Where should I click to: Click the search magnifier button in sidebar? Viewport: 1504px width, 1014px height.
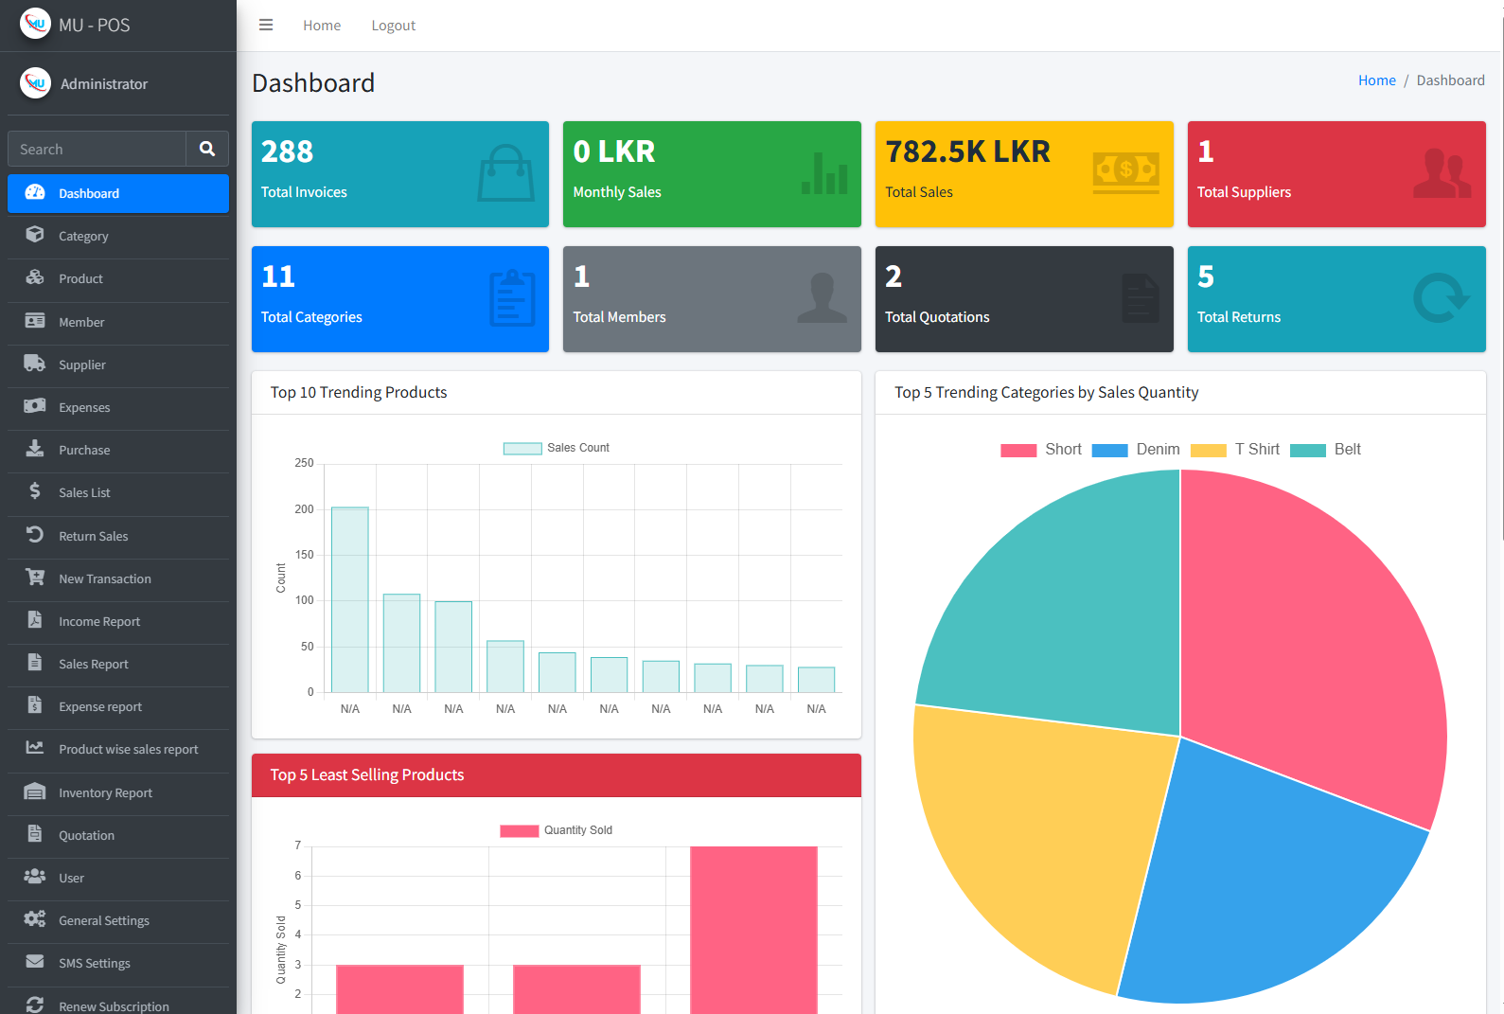coord(207,149)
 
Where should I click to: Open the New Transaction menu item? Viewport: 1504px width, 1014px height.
coord(104,578)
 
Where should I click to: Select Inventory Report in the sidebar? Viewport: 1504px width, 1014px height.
coord(105,792)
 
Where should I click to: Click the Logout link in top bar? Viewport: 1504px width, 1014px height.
coord(393,26)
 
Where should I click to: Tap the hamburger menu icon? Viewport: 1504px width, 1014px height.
coord(266,26)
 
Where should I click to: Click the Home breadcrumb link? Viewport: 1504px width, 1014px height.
coord(1376,80)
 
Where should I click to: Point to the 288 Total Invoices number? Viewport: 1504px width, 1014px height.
coord(287,151)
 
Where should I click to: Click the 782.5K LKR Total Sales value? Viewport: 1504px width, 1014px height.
coord(967,151)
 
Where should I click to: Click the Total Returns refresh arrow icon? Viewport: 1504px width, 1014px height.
coord(1440,298)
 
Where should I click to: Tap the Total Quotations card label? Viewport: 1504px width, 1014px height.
coord(937,317)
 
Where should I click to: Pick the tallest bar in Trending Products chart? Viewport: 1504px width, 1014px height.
coord(350,599)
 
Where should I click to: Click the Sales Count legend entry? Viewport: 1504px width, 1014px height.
coord(557,448)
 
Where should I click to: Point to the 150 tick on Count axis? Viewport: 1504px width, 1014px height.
coord(304,555)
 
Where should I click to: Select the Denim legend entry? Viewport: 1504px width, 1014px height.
coord(1136,450)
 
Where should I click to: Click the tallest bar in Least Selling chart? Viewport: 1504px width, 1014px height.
coord(753,928)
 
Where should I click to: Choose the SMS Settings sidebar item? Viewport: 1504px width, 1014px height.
coord(95,963)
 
